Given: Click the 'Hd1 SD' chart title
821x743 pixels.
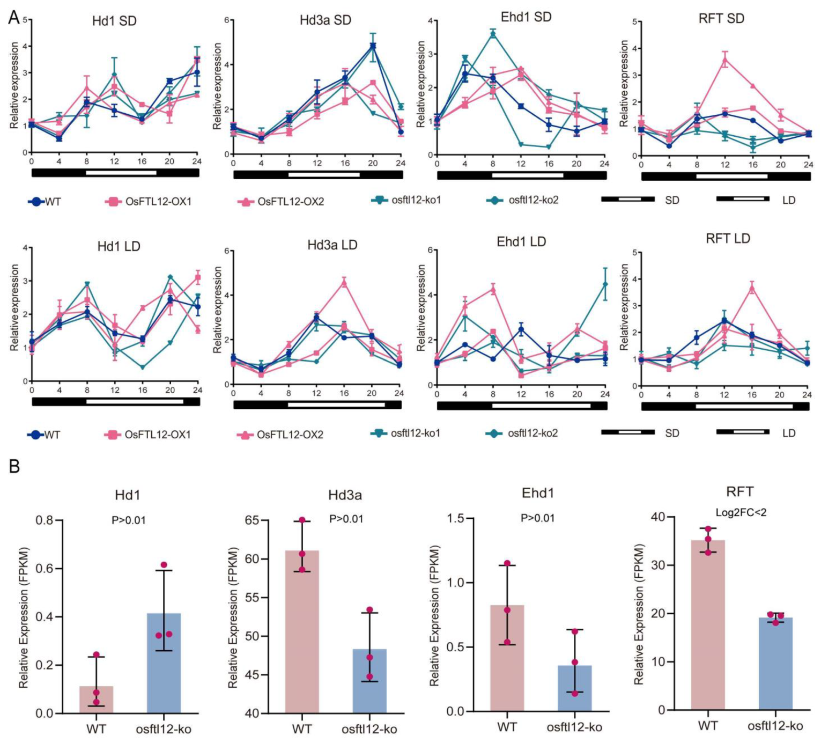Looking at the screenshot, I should pyautogui.click(x=114, y=21).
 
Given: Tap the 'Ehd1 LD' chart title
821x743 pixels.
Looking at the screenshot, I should pyautogui.click(x=521, y=241).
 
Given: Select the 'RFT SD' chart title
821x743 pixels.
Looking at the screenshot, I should pyautogui.click(x=721, y=19).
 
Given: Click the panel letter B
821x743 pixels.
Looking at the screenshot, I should pyautogui.click(x=14, y=466).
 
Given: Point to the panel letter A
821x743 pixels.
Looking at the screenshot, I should pyautogui.click(x=14, y=17).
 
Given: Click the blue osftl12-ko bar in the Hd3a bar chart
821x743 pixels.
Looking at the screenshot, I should pyautogui.click(x=369, y=680).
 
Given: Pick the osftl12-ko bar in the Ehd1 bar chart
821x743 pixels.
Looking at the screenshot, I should pyautogui.click(x=574, y=688).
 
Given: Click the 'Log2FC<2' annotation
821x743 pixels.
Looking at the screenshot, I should pyautogui.click(x=741, y=512).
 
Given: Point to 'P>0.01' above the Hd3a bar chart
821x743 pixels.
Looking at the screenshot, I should pyautogui.click(x=346, y=519).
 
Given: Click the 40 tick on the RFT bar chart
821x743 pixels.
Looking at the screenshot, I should pyautogui.click(x=657, y=517).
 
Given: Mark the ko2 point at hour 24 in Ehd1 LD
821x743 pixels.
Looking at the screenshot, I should pyautogui.click(x=605, y=284).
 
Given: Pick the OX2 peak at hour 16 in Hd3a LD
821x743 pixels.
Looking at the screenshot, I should pyautogui.click(x=344, y=282).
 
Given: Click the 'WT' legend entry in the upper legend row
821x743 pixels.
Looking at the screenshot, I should pyautogui.click(x=45, y=202).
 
